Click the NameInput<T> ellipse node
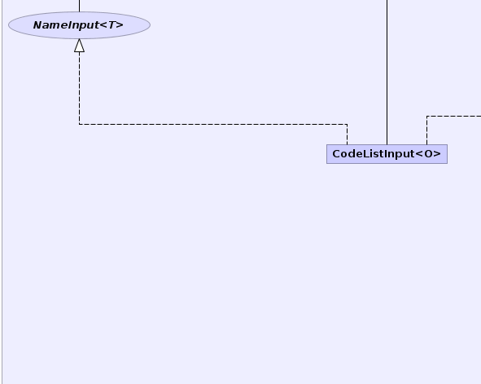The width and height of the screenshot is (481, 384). [79, 25]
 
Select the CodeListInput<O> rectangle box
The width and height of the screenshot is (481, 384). [387, 154]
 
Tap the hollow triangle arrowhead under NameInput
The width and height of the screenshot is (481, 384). [79, 46]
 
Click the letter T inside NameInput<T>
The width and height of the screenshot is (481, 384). [112, 25]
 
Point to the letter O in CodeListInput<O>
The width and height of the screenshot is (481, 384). [429, 153]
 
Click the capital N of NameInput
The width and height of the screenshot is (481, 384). [37, 25]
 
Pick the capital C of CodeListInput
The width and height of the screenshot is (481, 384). [336, 153]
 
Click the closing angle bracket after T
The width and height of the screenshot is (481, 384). [120, 25]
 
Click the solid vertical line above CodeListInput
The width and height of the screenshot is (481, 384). [387, 73]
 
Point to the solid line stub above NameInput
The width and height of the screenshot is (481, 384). [79, 6]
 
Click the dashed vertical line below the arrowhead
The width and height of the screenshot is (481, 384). [79, 88]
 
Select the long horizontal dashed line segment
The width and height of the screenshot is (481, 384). [213, 124]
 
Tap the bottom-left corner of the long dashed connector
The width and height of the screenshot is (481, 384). [79, 124]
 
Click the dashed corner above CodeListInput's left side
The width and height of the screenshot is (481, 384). [347, 124]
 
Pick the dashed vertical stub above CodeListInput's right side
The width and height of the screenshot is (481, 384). [426, 130]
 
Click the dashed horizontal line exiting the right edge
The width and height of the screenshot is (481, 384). [453, 116]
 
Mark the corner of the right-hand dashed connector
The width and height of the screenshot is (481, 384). [426, 116]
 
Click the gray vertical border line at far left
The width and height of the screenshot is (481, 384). [2, 192]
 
